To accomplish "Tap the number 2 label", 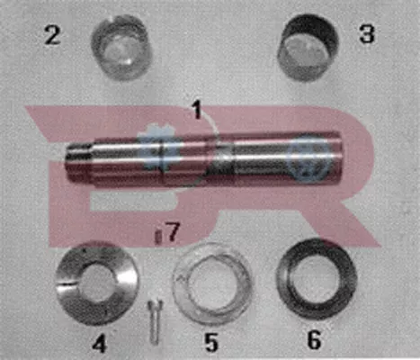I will point(53,36).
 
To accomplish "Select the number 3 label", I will point(367,35).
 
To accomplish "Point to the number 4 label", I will point(100,343).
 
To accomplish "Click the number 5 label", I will point(211,342).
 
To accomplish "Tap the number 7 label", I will point(174,232).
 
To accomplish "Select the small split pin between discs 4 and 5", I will point(151,316).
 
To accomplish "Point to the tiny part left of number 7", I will point(157,236).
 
